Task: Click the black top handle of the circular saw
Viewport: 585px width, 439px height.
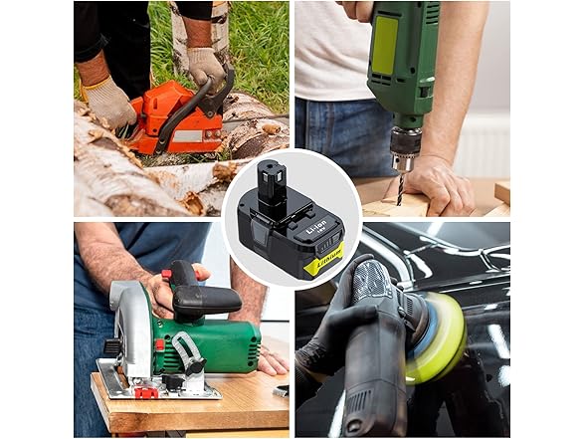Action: click(204, 298)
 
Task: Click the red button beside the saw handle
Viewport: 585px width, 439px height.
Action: click(166, 274)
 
